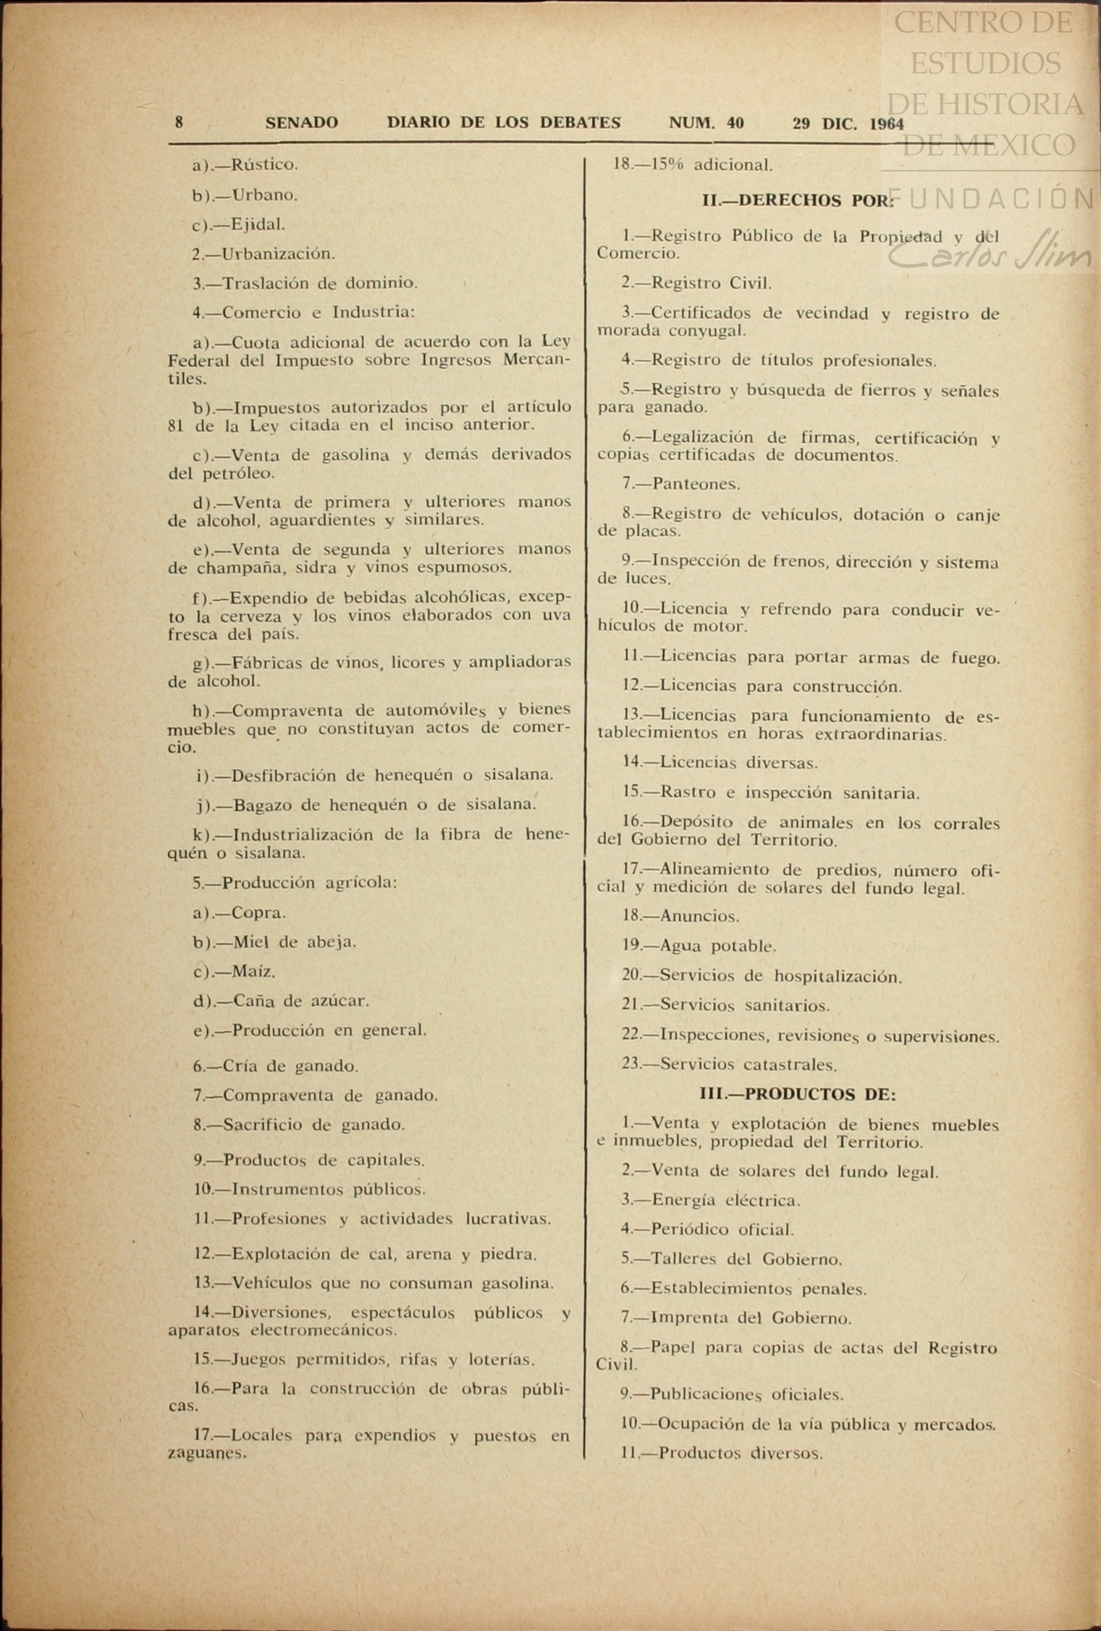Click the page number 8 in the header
tap(179, 122)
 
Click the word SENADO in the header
tap(301, 123)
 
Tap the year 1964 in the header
tap(886, 124)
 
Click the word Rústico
tap(264, 165)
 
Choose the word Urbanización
tap(278, 254)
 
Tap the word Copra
tap(258, 913)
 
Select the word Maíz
tap(253, 972)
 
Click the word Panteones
tap(696, 484)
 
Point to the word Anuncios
tap(699, 916)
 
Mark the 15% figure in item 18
tap(667, 165)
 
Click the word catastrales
tap(791, 1065)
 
